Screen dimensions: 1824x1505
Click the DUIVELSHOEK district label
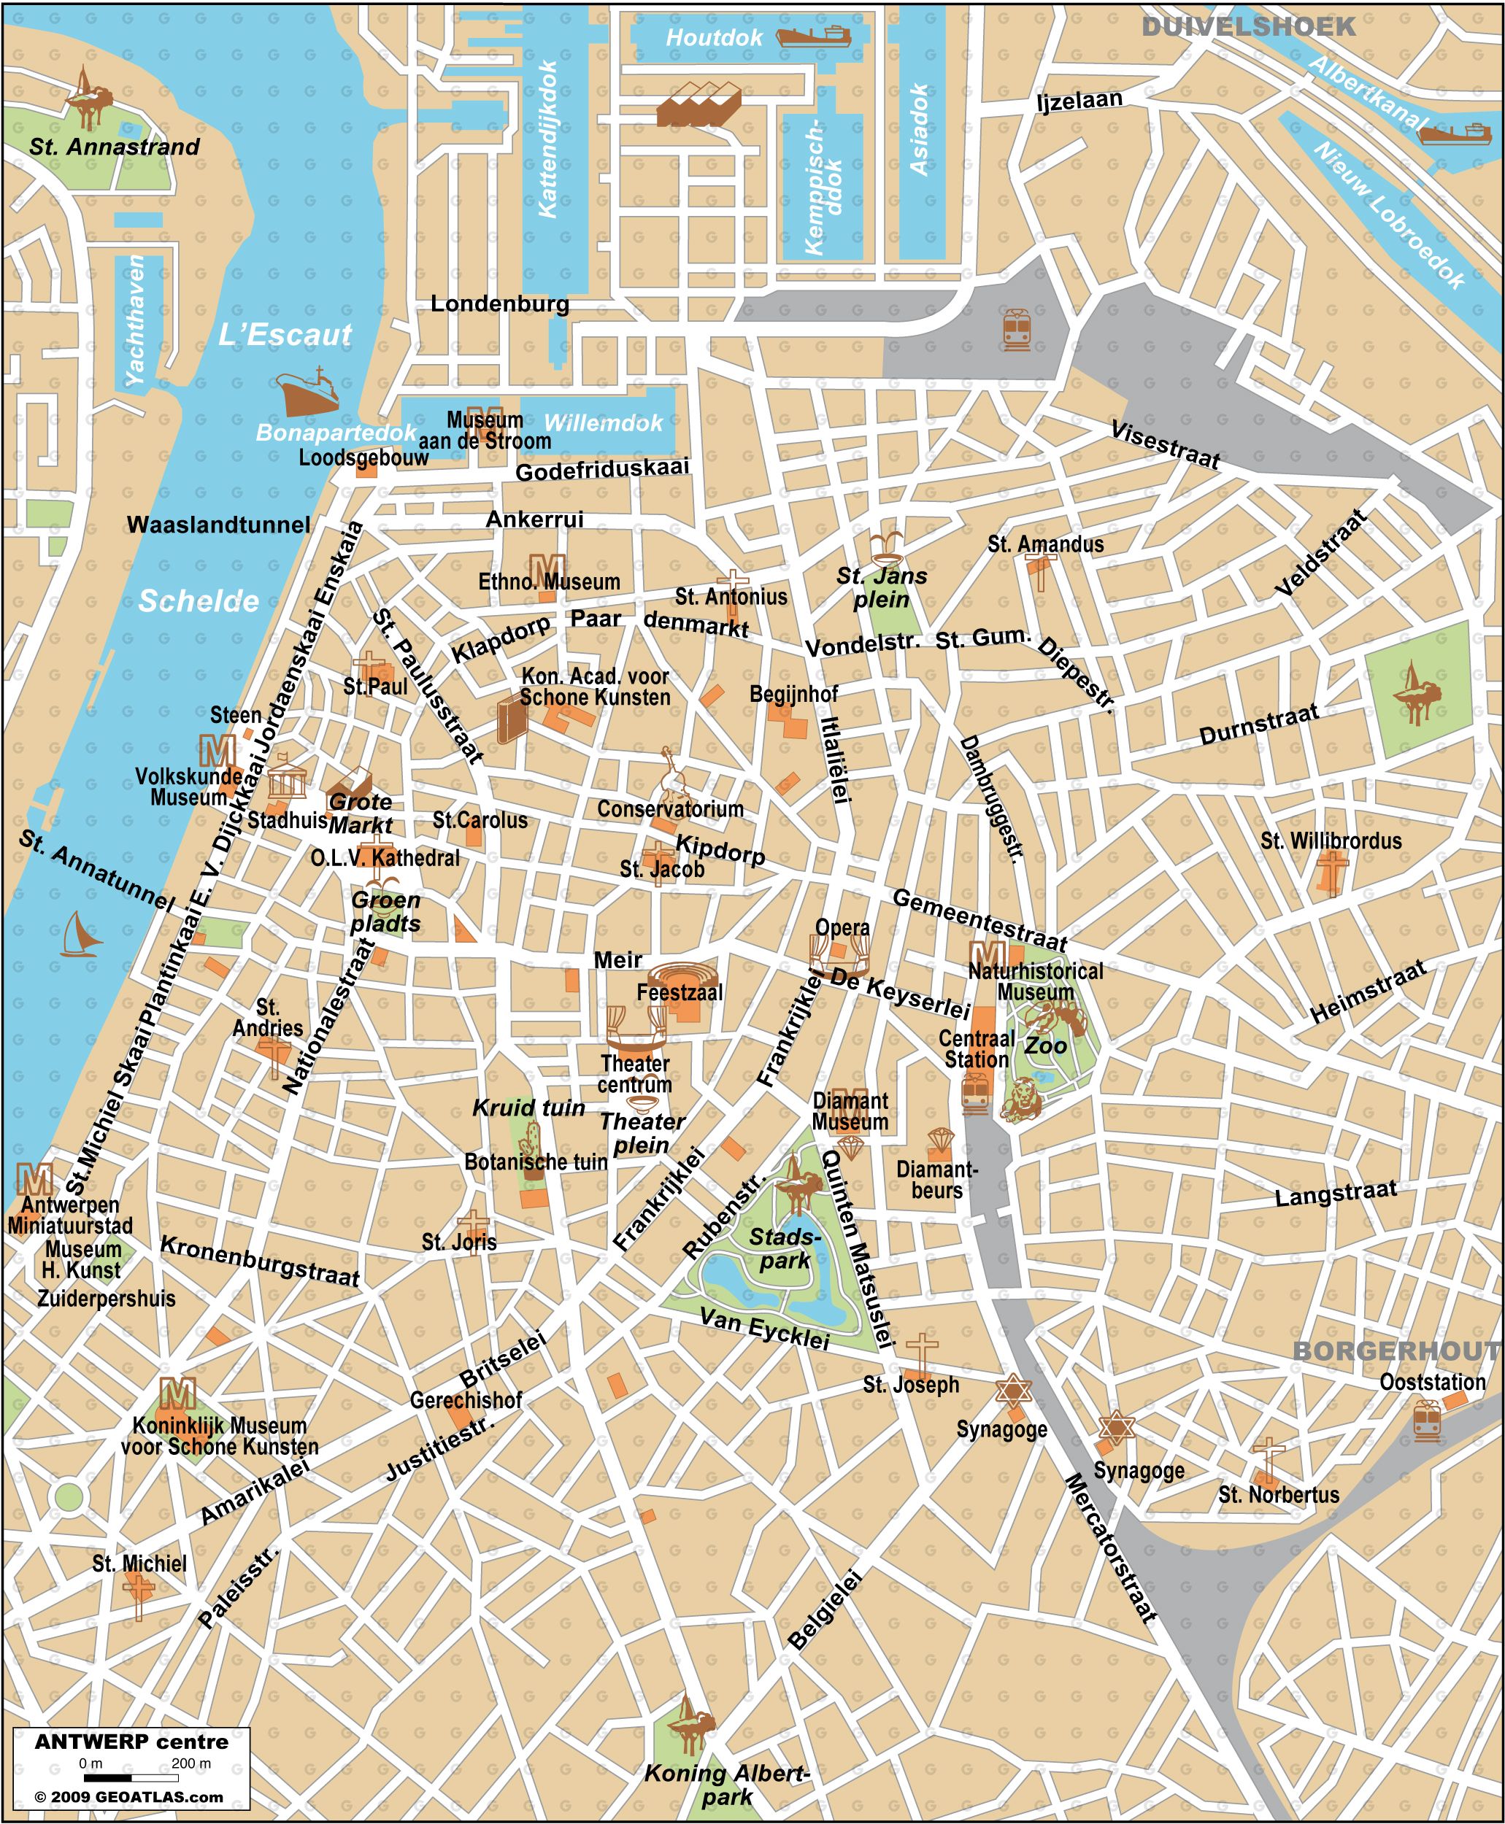pyautogui.click(x=1247, y=27)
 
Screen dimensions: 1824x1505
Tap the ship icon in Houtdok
pyautogui.click(x=812, y=36)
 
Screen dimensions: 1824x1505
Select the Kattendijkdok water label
pyautogui.click(x=548, y=139)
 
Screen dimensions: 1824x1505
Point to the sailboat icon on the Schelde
pyautogui.click(x=80, y=935)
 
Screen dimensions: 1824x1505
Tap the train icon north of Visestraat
pyautogui.click(x=1016, y=329)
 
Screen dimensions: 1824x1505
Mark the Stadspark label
pyautogui.click(x=784, y=1248)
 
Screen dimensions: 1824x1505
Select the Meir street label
pyautogui.click(x=617, y=960)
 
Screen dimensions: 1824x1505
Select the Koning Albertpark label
pyautogui.click(x=726, y=1785)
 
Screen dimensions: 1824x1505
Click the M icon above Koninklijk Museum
pyautogui.click(x=177, y=1394)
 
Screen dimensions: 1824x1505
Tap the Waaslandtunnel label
pyautogui.click(x=218, y=525)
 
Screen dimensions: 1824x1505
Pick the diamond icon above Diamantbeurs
pyautogui.click(x=941, y=1140)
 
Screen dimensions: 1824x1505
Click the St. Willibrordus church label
pyautogui.click(x=1331, y=840)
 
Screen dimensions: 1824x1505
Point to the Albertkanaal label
pyautogui.click(x=1367, y=92)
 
